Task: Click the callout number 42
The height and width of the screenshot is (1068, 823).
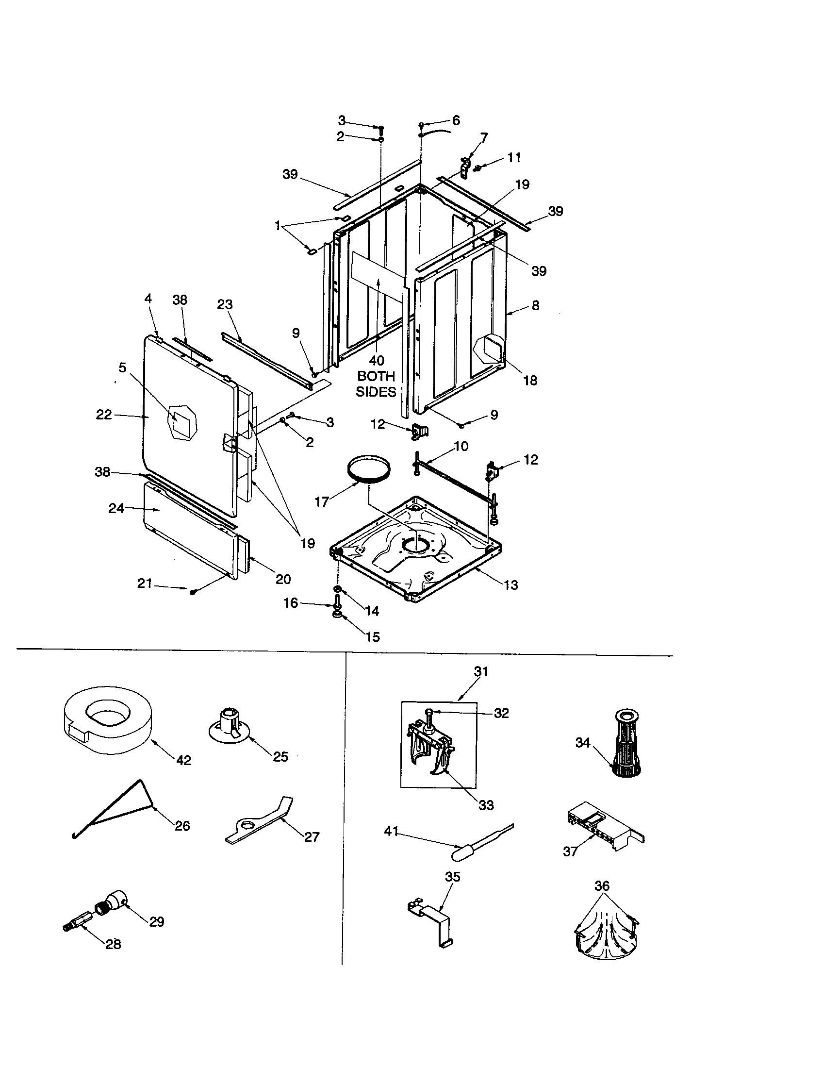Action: coord(183,760)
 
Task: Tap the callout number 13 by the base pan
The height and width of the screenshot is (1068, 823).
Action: coord(510,585)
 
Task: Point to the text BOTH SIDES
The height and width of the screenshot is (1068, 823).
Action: coord(375,384)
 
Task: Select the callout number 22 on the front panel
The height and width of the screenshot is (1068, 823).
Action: coord(104,415)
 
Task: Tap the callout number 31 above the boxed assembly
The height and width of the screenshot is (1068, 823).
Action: coord(481,672)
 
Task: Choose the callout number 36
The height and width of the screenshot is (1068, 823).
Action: coord(602,885)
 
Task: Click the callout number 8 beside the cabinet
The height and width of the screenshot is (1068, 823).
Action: coord(535,305)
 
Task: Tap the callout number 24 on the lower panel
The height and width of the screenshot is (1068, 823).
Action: coord(116,509)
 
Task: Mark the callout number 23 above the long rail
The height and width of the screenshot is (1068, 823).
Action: coord(225,304)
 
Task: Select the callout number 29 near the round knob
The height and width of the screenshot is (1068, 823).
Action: coord(156,921)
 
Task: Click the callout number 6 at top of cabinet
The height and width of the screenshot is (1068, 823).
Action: coord(456,120)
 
